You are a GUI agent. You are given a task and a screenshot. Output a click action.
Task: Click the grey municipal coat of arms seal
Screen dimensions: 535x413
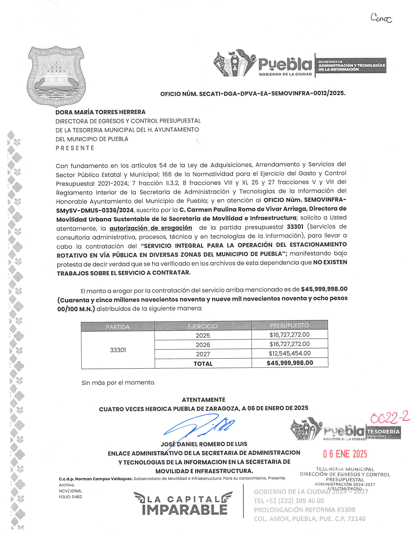pyautogui.click(x=56, y=76)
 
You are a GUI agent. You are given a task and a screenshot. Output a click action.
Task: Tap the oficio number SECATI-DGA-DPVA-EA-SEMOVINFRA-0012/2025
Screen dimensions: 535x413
pyautogui.click(x=252, y=94)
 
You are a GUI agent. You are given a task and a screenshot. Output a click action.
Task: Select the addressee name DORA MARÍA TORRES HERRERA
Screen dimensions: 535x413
pyautogui.click(x=100, y=112)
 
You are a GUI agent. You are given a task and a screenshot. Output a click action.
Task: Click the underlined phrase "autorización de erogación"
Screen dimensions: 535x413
pyautogui.click(x=150, y=228)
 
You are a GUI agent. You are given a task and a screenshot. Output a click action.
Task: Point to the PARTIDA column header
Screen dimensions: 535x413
pyautogui.click(x=118, y=326)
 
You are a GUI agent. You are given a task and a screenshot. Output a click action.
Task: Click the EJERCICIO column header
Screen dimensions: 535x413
pyautogui.click(x=203, y=326)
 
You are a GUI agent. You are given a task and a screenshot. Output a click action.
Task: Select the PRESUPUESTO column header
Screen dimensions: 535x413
pyautogui.click(x=289, y=325)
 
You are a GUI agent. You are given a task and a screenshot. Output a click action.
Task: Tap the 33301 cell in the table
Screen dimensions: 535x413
pyautogui.click(x=118, y=350)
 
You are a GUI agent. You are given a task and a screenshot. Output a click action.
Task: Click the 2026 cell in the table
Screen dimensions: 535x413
pyautogui.click(x=203, y=345)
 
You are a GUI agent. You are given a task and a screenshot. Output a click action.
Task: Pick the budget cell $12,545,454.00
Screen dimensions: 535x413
pyautogui.click(x=290, y=353)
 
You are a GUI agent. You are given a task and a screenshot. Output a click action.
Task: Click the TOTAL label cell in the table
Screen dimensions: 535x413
pyautogui.click(x=203, y=364)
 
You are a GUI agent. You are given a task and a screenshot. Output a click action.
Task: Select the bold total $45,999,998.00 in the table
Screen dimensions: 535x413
pyautogui.click(x=290, y=363)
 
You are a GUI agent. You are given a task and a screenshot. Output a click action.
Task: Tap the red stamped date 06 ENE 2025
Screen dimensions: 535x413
pyautogui.click(x=345, y=454)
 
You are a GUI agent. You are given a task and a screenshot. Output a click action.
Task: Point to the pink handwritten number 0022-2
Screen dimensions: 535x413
pyautogui.click(x=390, y=418)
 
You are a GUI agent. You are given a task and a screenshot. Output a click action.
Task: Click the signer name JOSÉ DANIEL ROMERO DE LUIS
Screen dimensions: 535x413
pyautogui.click(x=204, y=444)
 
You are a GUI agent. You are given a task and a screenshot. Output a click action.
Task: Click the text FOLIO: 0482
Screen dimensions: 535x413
pyautogui.click(x=70, y=497)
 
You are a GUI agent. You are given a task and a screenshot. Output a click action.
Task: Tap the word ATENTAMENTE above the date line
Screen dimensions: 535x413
pyautogui.click(x=203, y=400)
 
